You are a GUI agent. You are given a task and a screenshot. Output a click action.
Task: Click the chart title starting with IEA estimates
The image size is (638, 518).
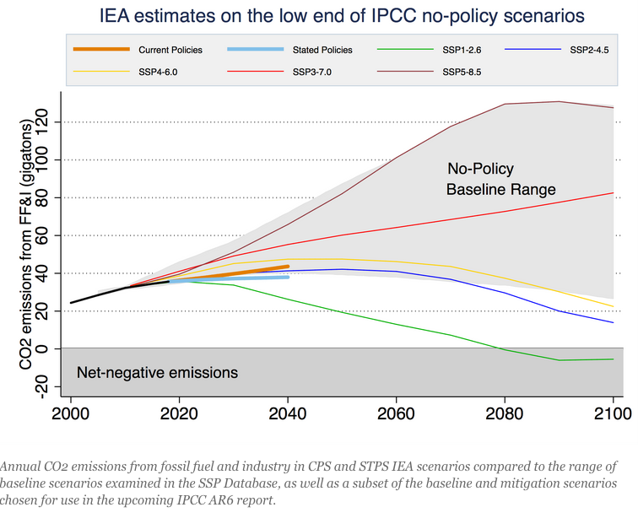330,16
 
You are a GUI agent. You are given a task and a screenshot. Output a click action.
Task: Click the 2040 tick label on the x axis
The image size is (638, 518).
288,414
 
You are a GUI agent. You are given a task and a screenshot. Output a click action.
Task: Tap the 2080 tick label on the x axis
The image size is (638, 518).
505,414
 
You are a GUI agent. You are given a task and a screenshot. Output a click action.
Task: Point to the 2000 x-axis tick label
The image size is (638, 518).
71,414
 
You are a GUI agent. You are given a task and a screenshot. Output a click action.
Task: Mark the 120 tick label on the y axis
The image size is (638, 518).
47,122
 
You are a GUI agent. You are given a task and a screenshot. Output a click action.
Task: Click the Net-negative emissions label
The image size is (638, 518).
158,372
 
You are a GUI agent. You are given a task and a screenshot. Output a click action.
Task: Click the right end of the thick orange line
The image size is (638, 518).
289,267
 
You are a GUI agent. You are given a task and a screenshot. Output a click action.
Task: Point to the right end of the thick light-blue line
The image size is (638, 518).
289,277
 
